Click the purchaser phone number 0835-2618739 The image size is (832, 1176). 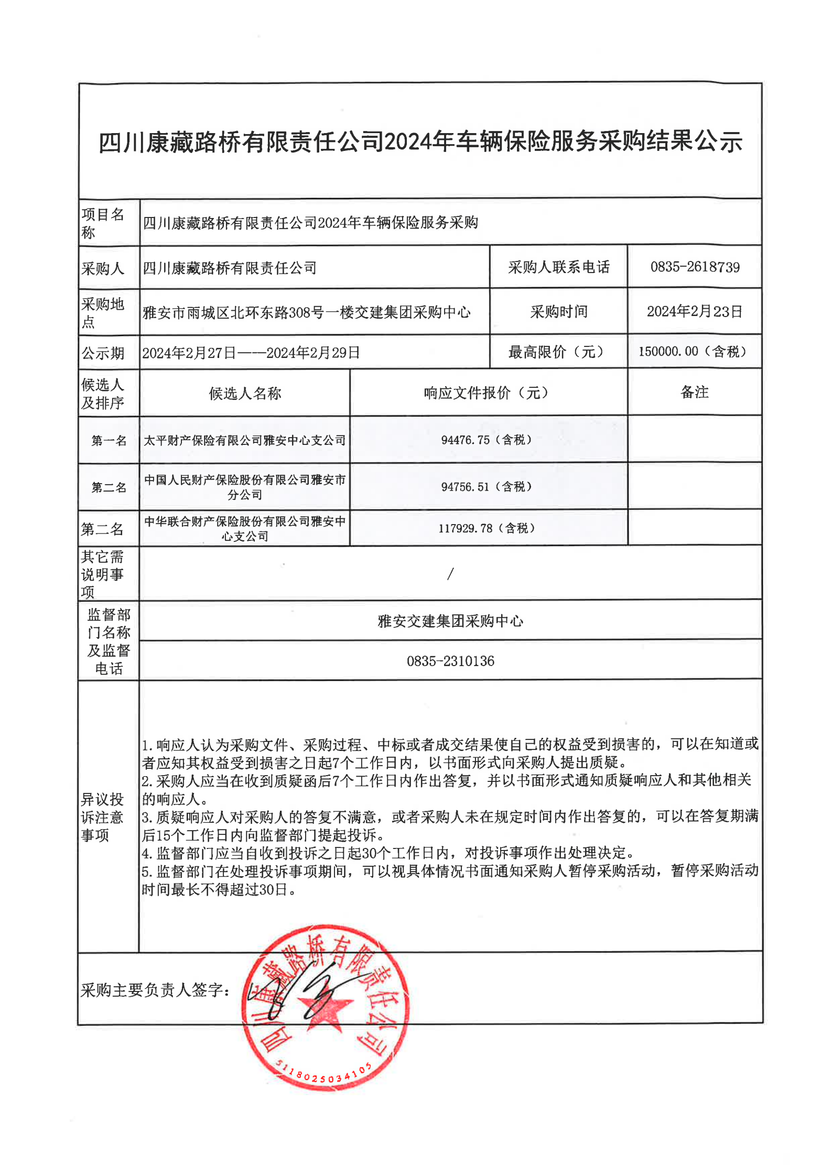tap(695, 267)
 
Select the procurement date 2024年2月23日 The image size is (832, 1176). tap(694, 311)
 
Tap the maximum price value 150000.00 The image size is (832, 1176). tap(668, 351)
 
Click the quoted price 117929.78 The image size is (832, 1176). tap(465, 528)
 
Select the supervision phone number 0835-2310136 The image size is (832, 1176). tap(450, 661)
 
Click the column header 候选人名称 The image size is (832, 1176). tap(245, 393)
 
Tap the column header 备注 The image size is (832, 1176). tap(694, 392)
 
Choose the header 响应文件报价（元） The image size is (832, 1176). tap(486, 393)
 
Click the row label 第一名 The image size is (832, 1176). tap(109, 440)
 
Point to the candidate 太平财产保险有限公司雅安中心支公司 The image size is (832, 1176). tap(245, 440)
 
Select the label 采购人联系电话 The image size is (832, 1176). tap(558, 267)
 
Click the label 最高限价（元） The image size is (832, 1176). tap(558, 352)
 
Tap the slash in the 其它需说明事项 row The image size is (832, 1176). tap(450, 574)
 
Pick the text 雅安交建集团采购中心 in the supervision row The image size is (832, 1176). tap(450, 621)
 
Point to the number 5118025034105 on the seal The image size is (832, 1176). tap(323, 1074)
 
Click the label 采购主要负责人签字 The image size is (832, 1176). tap(155, 989)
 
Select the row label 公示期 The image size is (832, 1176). tap(103, 353)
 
